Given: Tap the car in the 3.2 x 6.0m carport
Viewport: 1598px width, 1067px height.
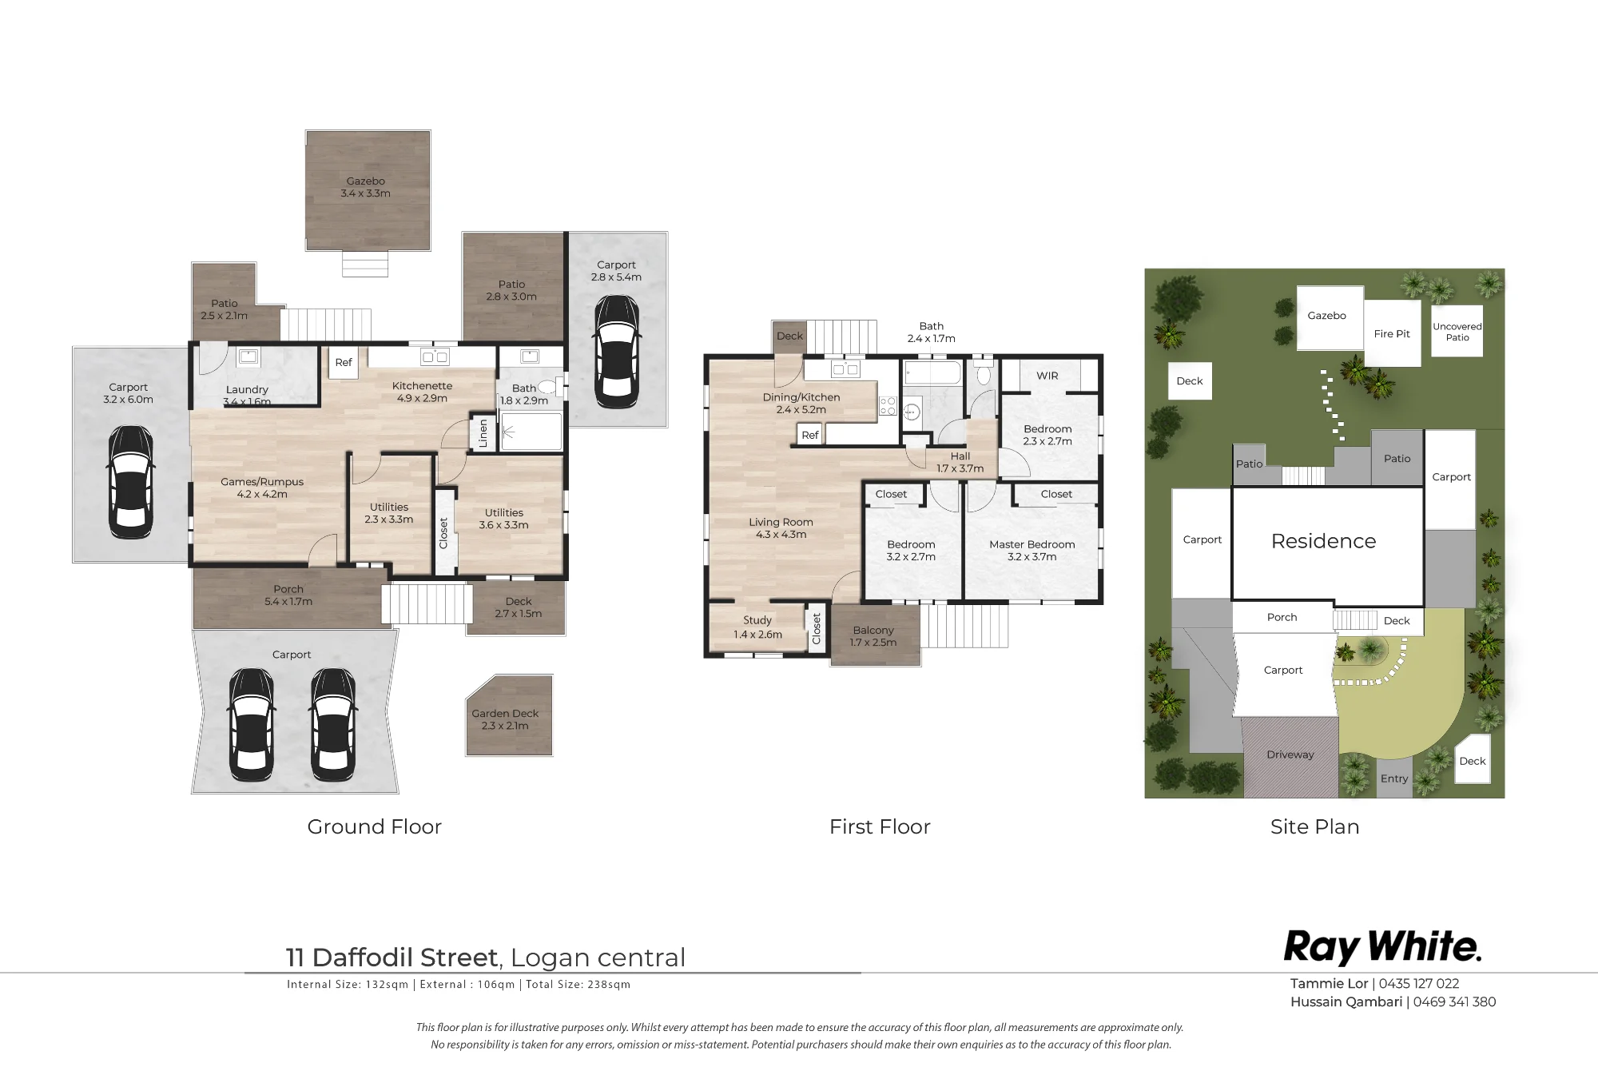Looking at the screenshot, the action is click(129, 482).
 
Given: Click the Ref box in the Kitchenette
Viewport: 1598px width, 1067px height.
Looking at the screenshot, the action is click(344, 362).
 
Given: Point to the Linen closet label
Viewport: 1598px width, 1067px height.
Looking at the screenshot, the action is click(483, 433).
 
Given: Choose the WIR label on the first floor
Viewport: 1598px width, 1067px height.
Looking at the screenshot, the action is click(1047, 376).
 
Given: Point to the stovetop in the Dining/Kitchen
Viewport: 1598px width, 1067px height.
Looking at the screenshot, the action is click(887, 406).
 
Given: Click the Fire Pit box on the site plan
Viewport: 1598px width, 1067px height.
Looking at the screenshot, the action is click(1392, 333).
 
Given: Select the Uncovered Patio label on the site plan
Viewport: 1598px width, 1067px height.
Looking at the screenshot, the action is click(1457, 332).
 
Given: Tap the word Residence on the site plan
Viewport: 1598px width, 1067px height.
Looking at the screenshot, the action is click(1323, 541).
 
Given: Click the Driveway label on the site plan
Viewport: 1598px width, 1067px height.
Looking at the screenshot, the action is click(1290, 754).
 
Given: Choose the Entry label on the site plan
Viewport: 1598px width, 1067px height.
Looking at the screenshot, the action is click(1394, 778).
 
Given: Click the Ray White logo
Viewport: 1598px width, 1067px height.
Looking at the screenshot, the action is click(1382, 948).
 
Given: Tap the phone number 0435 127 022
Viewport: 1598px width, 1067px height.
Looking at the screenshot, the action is click(1419, 984).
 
